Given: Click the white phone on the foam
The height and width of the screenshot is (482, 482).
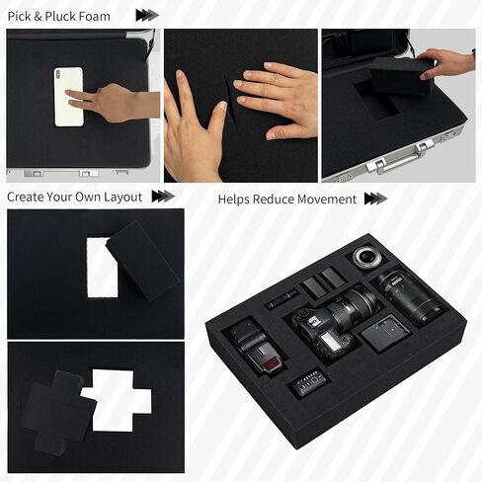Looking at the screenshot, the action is (x=69, y=97).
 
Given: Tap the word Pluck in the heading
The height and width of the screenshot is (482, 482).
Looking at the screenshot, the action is (x=60, y=16).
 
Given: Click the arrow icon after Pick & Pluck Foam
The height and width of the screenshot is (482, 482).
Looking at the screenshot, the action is (x=147, y=16).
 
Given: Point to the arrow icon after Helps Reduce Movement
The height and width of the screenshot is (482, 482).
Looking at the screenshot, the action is (x=375, y=199).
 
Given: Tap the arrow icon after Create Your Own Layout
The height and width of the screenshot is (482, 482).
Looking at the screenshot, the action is (x=163, y=197).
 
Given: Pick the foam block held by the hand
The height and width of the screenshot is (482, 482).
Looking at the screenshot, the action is (x=399, y=75).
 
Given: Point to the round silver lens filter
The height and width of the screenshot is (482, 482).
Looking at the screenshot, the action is (x=365, y=257).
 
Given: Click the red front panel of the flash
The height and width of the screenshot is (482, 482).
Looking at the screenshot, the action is (x=272, y=363).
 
